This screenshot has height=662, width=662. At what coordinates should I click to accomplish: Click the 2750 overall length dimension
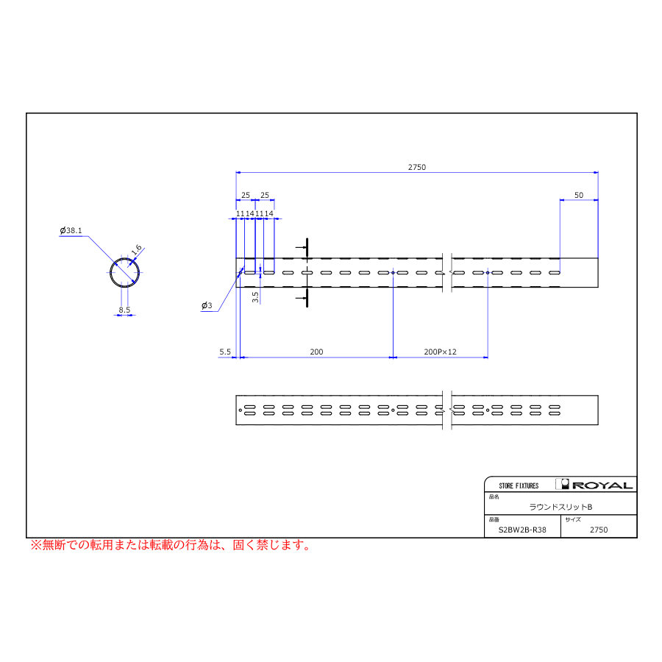click(417, 167)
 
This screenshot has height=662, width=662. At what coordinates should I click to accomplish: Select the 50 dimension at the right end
click(578, 195)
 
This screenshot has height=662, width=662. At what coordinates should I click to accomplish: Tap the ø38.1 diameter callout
click(71, 230)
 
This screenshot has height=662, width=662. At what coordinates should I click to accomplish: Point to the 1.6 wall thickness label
click(136, 250)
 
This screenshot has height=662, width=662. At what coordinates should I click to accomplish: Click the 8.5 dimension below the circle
click(124, 310)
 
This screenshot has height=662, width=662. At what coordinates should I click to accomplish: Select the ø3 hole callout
click(207, 305)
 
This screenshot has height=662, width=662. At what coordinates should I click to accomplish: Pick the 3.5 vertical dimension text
click(255, 297)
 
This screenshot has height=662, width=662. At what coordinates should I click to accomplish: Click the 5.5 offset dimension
click(225, 352)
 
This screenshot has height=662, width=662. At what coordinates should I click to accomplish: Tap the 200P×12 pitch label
click(440, 352)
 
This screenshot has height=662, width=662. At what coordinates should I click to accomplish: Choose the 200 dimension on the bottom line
click(316, 352)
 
